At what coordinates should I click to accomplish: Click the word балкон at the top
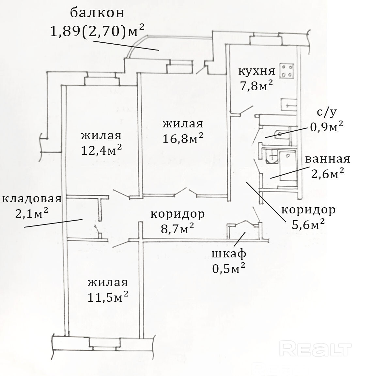click(97, 13)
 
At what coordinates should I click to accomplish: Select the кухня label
click(257, 71)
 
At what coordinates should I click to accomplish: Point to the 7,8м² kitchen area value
click(256, 86)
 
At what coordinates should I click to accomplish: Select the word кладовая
click(32, 199)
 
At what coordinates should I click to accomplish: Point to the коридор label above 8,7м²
click(178, 214)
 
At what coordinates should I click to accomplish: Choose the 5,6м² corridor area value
click(308, 224)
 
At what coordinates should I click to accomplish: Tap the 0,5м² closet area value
click(229, 268)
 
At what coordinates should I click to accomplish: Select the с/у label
click(327, 112)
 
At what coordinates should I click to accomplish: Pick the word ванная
click(328, 159)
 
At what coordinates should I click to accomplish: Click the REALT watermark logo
click(316, 349)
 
